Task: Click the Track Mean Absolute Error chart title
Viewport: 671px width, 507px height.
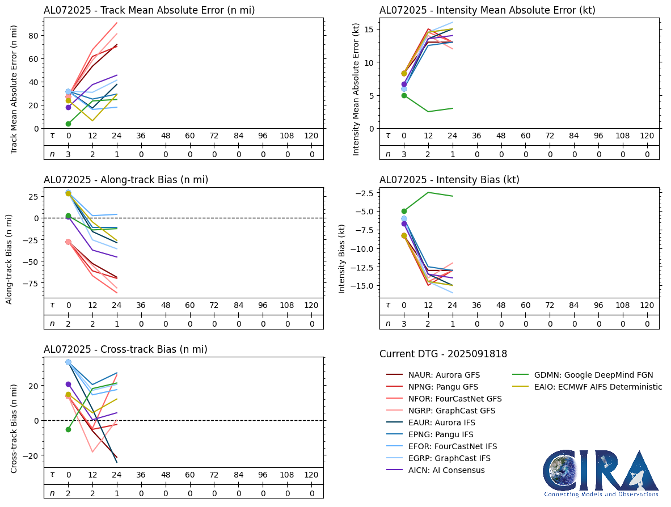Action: coord(149,10)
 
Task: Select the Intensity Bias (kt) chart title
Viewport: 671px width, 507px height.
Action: coord(449,180)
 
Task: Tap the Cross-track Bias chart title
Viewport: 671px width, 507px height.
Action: coord(125,349)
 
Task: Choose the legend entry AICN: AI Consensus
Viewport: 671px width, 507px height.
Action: coord(446,470)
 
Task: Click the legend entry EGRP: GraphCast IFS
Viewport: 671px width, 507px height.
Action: coord(449,458)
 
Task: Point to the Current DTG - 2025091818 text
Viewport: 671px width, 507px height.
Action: coord(443,354)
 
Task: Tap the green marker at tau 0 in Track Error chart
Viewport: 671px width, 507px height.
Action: coord(68,124)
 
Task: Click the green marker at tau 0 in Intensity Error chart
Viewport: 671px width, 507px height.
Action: coord(404,95)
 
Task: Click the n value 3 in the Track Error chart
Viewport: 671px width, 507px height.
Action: coord(68,154)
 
